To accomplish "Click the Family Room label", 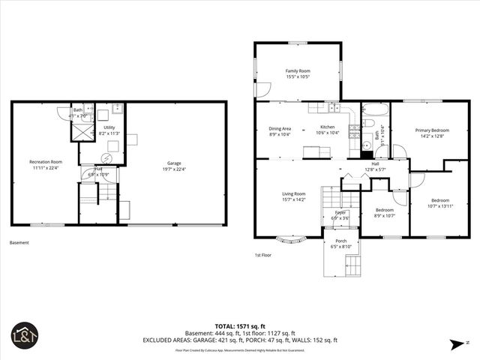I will [x=298, y=70].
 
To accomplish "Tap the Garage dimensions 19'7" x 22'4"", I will [x=174, y=169].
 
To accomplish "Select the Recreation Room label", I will [x=46, y=162].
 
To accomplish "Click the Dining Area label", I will [x=280, y=127].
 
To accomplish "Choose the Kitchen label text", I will [x=328, y=127].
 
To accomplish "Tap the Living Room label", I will [x=293, y=193].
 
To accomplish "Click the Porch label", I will [x=340, y=241].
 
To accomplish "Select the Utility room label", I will [x=109, y=128].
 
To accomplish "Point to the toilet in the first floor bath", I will [x=368, y=124].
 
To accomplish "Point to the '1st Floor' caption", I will [x=262, y=255].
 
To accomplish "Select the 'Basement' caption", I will [x=19, y=242].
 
